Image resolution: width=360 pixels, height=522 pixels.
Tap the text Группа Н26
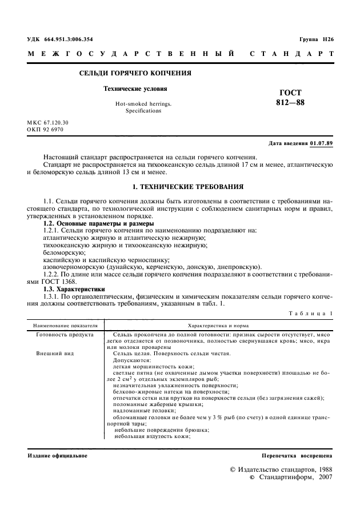[x=316, y=39]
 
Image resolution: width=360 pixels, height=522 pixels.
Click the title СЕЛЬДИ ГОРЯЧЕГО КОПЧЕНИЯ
[x=134, y=73]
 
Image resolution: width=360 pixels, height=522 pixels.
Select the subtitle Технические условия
[x=135, y=89]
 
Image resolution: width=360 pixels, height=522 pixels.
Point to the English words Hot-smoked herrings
[x=143, y=104]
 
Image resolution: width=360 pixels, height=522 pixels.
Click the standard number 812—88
[x=290, y=103]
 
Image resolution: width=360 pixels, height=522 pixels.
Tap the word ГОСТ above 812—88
[x=290, y=93]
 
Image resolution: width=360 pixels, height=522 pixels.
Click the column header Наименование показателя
[x=65, y=324]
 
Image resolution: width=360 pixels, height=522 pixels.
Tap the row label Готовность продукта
[x=65, y=334]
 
